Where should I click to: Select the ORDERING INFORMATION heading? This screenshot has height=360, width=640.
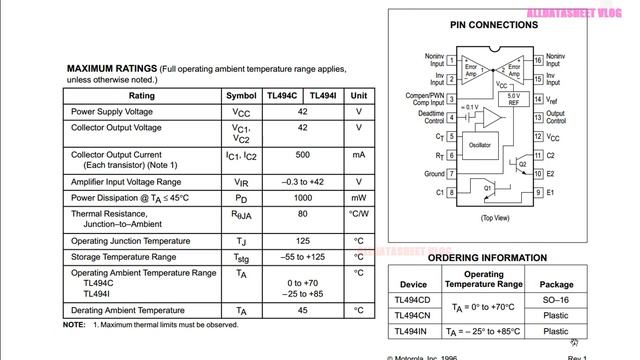pos(487,258)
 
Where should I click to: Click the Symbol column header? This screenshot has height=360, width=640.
pos(241,96)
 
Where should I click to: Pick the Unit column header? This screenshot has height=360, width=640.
pos(358,96)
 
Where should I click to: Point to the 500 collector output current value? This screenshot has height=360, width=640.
pos(302,155)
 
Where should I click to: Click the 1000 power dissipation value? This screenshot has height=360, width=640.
pos(302,198)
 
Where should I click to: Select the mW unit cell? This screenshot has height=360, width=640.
pos(358,198)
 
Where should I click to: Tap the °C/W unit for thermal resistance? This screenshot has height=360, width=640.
pos(358,214)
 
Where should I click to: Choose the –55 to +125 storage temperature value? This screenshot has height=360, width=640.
pos(302,257)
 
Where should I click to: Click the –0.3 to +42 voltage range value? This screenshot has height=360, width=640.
pos(302,182)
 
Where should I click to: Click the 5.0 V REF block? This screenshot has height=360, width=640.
pos(513,100)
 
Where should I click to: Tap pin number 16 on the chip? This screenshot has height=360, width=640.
pos(537,60)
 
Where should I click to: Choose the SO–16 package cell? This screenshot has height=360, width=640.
pos(584,300)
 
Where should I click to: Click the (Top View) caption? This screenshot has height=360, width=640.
pos(494,217)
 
